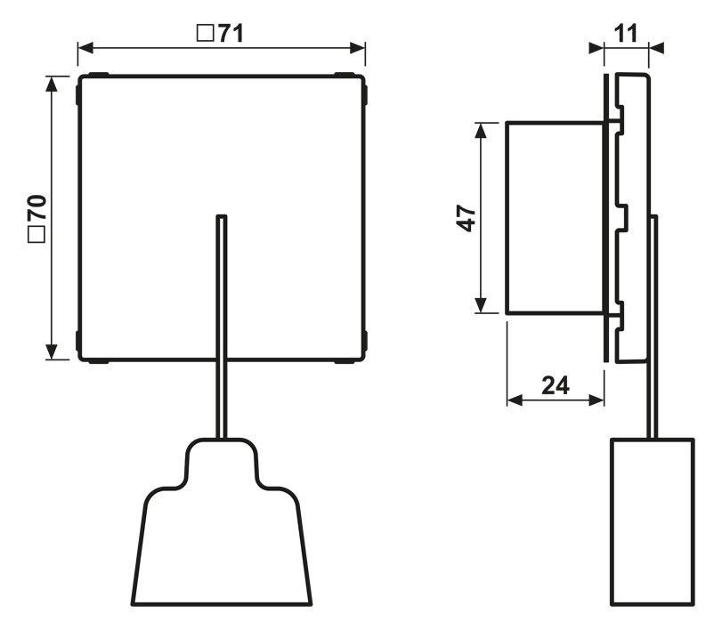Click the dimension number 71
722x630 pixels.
231,33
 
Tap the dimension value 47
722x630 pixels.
466,218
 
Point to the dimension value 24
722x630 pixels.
555,385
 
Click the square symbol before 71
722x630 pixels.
205,34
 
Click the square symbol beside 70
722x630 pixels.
37,236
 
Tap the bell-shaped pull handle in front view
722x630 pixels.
223,534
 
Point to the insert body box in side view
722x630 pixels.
555,218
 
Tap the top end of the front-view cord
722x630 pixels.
222,217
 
